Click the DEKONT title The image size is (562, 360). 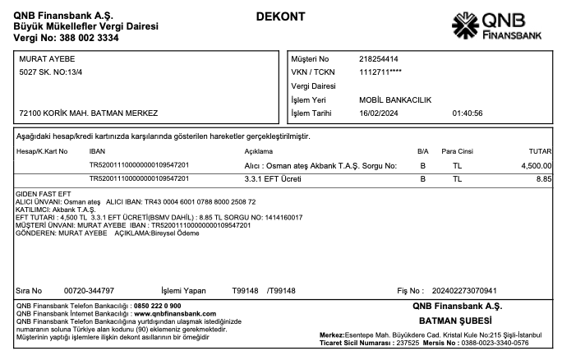click(x=280, y=16)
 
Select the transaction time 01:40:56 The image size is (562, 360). click(x=467, y=113)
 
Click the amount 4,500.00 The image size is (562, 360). click(x=535, y=165)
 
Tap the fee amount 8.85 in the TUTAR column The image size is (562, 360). click(x=543, y=178)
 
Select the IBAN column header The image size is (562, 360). click(x=97, y=152)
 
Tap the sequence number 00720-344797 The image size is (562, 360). click(x=89, y=291)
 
